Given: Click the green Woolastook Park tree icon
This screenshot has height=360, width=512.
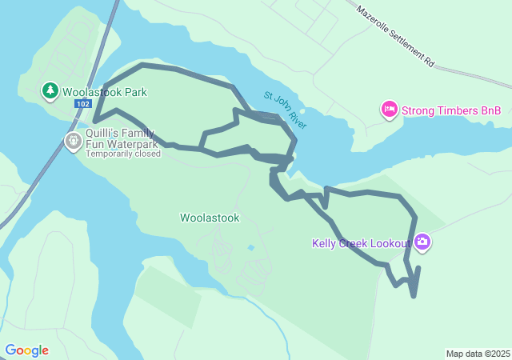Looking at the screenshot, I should [50, 91].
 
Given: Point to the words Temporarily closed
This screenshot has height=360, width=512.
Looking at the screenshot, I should [123, 154].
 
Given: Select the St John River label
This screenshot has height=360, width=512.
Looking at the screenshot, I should [286, 110].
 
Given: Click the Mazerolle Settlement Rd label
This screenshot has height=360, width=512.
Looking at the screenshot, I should [395, 36].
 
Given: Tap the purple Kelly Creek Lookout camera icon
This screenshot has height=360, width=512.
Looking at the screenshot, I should [422, 242].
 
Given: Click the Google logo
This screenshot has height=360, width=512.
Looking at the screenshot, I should [26, 350].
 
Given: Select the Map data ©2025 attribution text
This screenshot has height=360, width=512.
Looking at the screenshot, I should [478, 354].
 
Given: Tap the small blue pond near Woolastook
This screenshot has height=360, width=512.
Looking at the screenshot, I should [251, 248].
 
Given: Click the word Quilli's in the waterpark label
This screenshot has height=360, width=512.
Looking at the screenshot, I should [104, 134].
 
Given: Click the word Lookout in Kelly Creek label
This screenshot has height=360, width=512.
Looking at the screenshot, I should [390, 243].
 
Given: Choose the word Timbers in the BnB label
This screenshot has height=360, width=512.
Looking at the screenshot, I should [455, 110].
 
